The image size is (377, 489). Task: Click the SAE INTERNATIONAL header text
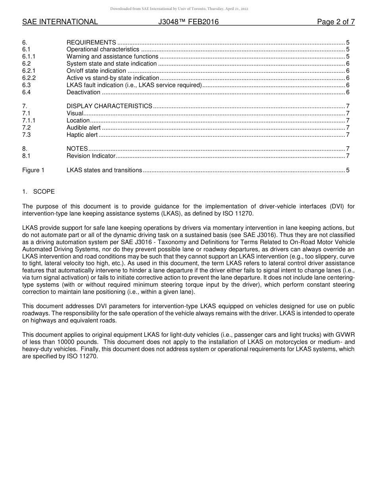pyautogui.click(x=60, y=22)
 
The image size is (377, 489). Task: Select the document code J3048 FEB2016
pyautogui.click(x=188, y=22)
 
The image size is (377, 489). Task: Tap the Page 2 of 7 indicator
pyautogui.click(x=336, y=22)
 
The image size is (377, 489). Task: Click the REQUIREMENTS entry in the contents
pyautogui.click(x=91, y=43)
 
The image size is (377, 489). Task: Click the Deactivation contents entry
pyautogui.click(x=83, y=93)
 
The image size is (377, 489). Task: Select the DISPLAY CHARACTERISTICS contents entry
pyautogui.click(x=109, y=106)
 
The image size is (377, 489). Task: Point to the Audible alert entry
pyautogui.click(x=83, y=128)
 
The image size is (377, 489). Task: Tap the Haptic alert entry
pyautogui.click(x=82, y=135)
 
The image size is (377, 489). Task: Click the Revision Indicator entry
pyautogui.click(x=91, y=156)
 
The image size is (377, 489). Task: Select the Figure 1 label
pyautogui.click(x=33, y=171)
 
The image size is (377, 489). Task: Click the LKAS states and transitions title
pyautogui.click(x=104, y=171)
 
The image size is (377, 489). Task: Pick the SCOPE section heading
pyautogui.click(x=44, y=192)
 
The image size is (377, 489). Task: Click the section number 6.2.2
pyautogui.click(x=29, y=78)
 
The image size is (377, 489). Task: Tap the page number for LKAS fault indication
pyautogui.click(x=348, y=85)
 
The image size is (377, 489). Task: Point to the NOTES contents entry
pyautogui.click(x=77, y=149)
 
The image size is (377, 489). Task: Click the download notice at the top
pyautogui.click(x=179, y=9)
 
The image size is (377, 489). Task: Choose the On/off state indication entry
pyautogui.click(x=96, y=71)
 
